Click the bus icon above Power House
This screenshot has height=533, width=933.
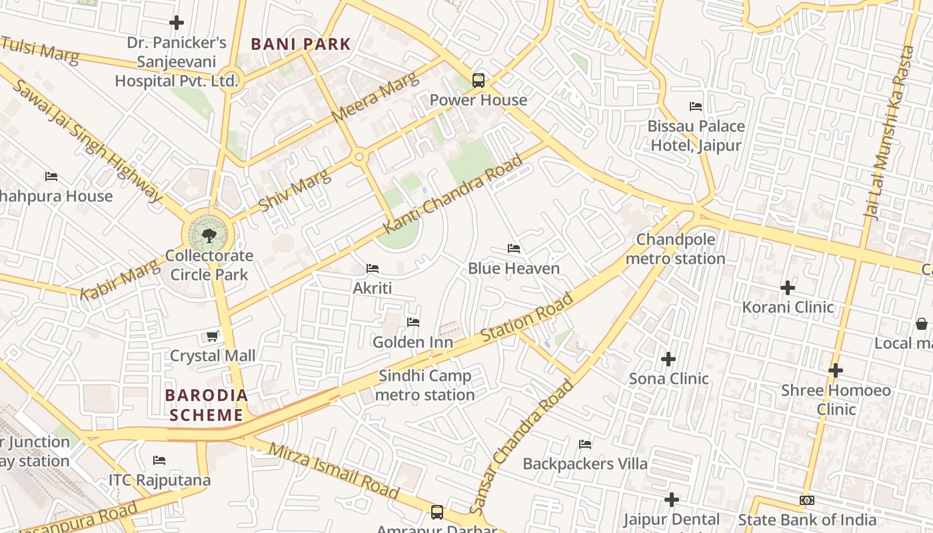(478, 81)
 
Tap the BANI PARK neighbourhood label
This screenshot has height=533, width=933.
(301, 45)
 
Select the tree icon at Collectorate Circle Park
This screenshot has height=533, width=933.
(209, 235)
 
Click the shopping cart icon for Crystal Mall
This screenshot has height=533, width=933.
(212, 336)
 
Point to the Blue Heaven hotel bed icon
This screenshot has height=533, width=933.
(513, 249)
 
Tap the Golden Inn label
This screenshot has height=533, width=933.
(413, 342)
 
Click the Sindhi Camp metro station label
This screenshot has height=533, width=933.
(425, 385)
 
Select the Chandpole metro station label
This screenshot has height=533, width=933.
(675, 249)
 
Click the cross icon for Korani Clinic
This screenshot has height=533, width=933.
(788, 288)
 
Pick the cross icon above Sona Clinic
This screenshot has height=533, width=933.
(668, 359)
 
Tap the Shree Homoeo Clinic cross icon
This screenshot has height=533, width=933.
(836, 370)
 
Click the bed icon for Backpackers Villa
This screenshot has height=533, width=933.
(585, 444)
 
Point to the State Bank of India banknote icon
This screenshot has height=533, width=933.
(806, 500)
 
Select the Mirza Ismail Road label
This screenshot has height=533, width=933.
(333, 470)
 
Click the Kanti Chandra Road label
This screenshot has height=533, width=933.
(453, 194)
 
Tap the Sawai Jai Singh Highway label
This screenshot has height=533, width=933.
(87, 141)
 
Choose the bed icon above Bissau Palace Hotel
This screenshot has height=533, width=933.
(696, 107)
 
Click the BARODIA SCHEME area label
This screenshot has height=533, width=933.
(206, 405)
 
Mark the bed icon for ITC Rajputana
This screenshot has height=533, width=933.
(159, 460)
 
